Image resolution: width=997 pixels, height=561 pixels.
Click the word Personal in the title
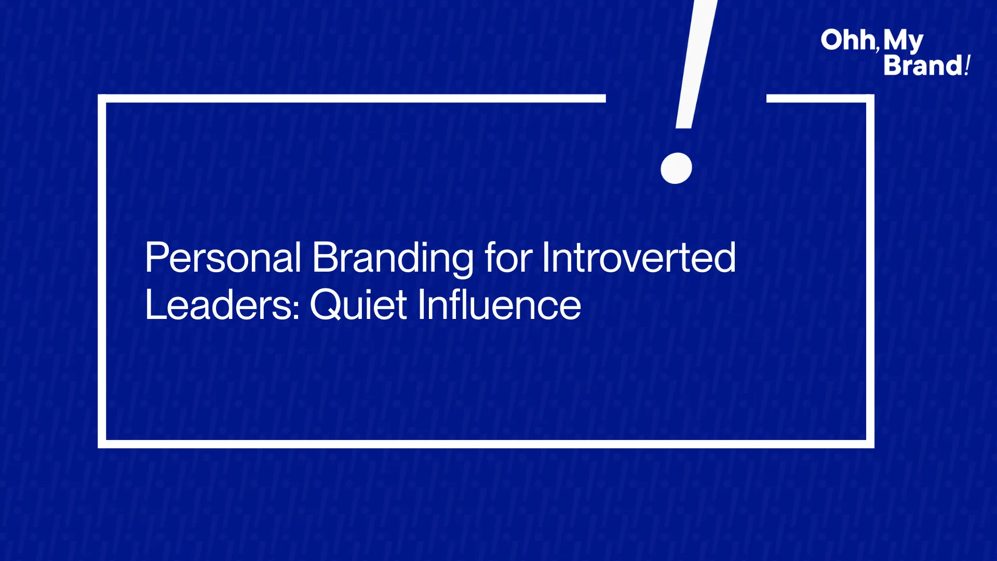(223, 258)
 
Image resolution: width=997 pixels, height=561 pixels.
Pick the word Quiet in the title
(359, 305)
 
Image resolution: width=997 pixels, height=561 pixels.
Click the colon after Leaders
(297, 309)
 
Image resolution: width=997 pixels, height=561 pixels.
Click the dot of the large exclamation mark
(676, 168)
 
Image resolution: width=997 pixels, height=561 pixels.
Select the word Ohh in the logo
(848, 40)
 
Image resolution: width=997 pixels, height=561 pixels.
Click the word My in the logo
(903, 41)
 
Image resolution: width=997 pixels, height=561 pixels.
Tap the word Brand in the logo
(923, 66)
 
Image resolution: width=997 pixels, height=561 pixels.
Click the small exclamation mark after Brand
(967, 65)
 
